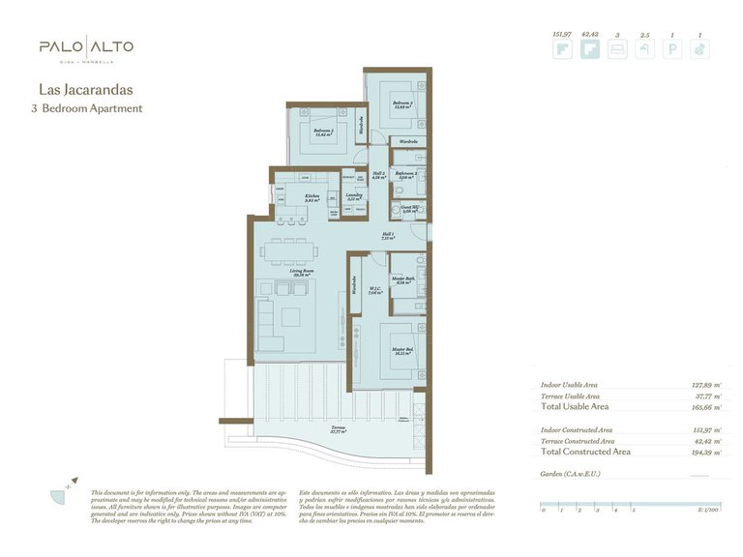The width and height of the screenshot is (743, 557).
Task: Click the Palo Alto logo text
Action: click(x=86, y=46)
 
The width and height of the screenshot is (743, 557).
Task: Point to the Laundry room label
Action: click(x=354, y=196)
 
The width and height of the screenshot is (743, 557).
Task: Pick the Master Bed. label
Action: click(x=403, y=351)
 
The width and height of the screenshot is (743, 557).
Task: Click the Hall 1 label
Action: click(x=387, y=236)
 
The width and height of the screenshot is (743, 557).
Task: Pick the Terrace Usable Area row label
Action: click(x=570, y=396)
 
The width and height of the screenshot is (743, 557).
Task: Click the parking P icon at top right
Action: click(x=671, y=51)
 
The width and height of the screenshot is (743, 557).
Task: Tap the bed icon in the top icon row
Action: click(x=616, y=51)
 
